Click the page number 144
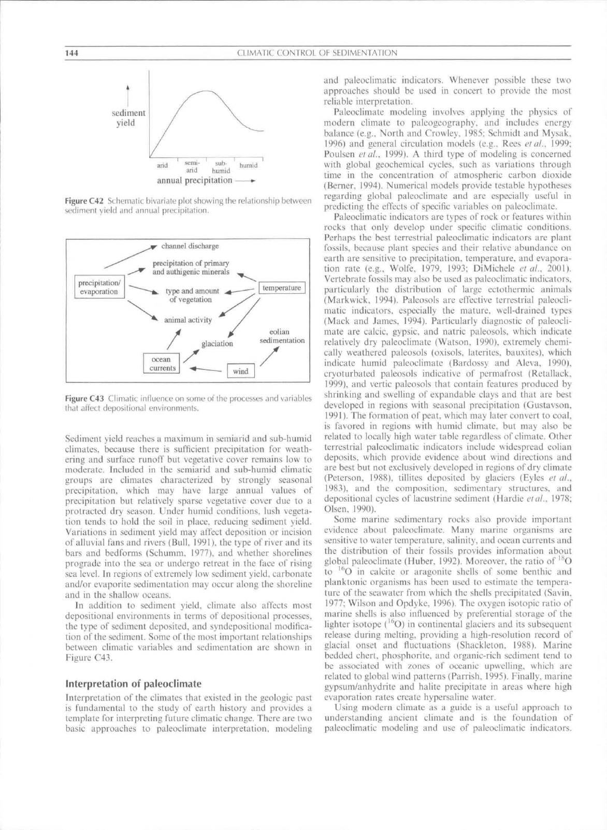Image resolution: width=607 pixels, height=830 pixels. tap(71, 53)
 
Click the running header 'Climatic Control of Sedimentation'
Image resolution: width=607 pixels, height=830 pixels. tap(317, 53)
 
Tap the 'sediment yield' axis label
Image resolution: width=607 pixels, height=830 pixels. tap(128, 118)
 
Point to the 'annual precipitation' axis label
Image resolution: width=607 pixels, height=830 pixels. tap(195, 180)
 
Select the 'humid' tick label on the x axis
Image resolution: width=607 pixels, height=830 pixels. tap(249, 165)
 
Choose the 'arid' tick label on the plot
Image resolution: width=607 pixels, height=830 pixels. tap(163, 165)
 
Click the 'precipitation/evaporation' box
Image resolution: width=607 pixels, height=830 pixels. tap(98, 287)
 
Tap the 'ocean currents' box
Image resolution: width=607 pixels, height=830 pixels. tap(162, 364)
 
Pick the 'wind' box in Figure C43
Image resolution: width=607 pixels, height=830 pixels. tap(241, 371)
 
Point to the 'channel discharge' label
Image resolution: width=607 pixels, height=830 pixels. tap(190, 246)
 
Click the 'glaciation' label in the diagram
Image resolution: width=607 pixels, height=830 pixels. tap(217, 344)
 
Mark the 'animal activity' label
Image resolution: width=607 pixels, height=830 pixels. tap(187, 320)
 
